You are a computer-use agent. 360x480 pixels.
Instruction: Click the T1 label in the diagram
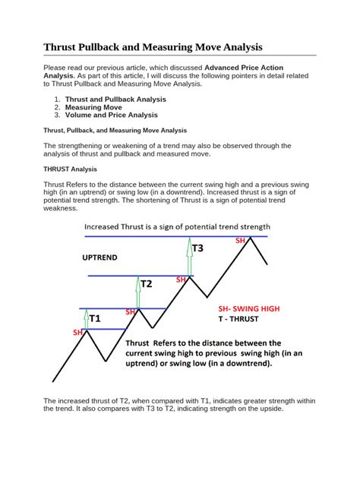point(94,319)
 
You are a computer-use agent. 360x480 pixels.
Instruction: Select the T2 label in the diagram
point(146,284)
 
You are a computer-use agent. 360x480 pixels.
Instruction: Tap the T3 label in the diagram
point(197,248)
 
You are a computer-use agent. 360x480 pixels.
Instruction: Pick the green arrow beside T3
point(188,254)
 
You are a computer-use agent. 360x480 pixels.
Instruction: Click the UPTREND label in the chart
point(99,257)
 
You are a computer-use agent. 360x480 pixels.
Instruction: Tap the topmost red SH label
point(240,240)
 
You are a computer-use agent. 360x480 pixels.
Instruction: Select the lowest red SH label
point(77,333)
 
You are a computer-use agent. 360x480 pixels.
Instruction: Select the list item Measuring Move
point(93,107)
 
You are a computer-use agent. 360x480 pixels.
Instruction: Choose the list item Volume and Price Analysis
point(111,115)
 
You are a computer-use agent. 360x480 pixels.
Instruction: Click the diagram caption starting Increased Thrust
point(177,226)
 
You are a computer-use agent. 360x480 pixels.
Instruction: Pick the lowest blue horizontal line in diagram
point(99,329)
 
